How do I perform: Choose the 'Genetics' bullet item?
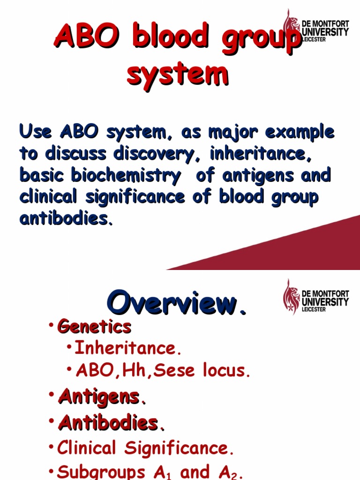point(94,326)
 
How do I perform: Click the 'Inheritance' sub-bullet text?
point(125,348)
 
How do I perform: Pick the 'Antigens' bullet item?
point(99,397)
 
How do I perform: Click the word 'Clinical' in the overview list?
point(88,449)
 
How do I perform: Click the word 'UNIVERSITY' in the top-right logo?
point(325,32)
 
